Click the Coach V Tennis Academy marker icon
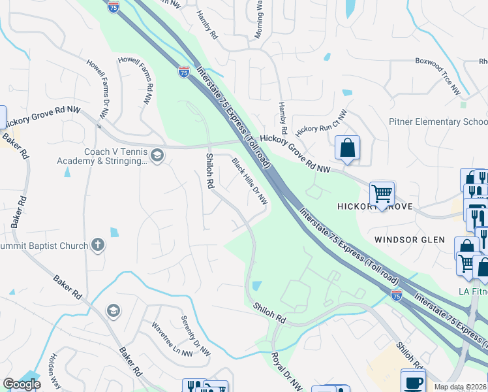[x=157, y=155]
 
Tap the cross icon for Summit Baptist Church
[x=98, y=245]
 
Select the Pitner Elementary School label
[x=438, y=122]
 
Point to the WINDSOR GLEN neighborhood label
[x=409, y=240]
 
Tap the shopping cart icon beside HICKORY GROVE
[x=382, y=193]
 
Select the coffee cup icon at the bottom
[x=412, y=382]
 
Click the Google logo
[x=21, y=384]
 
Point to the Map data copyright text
[x=461, y=387]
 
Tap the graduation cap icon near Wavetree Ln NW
[x=113, y=310]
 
